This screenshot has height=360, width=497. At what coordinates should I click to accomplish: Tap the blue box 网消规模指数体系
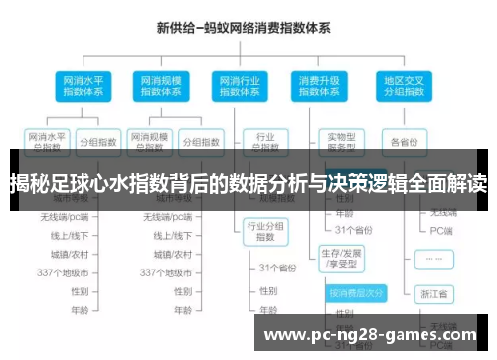[x=158, y=85]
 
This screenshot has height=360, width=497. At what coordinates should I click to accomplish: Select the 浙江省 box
[x=434, y=294]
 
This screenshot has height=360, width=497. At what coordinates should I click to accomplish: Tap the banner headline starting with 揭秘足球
[x=248, y=183]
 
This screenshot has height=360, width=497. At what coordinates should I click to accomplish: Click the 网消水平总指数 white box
[x=48, y=141]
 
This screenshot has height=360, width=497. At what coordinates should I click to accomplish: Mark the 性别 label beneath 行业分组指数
[x=268, y=291]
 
